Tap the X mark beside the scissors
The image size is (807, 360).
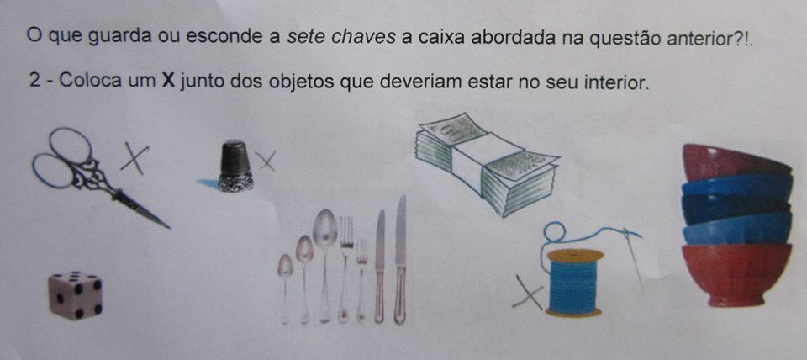tap(134, 159)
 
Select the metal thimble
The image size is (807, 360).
tap(235, 166)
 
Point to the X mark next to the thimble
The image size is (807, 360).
tap(266, 161)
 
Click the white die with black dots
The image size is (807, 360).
tap(76, 295)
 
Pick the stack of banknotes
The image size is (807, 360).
tap(487, 165)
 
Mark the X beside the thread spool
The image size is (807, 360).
tap(528, 292)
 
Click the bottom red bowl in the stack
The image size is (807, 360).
tap(736, 275)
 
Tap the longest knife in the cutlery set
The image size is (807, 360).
tap(400, 259)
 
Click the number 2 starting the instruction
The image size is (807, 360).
tap(34, 81)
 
